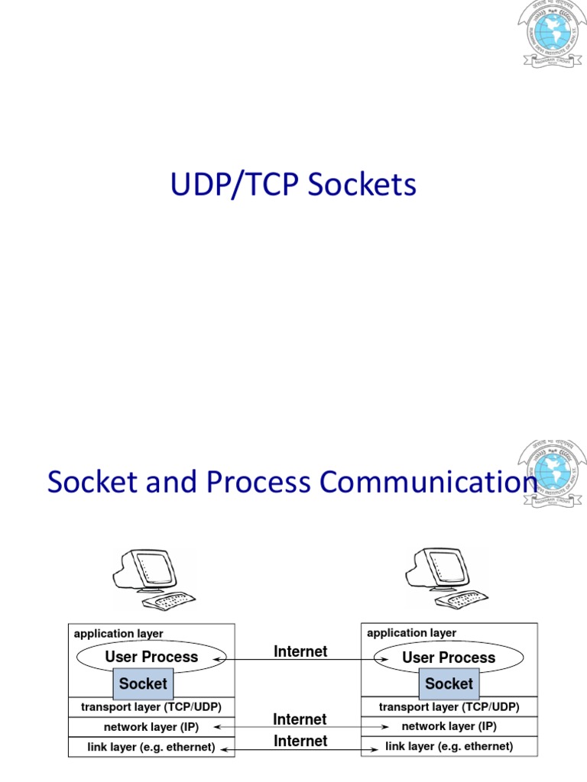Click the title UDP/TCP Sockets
tap(293, 186)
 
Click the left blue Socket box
tap(143, 683)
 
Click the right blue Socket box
tap(449, 683)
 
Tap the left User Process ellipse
tap(151, 658)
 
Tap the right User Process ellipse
tap(449, 658)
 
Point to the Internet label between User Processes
tap(300, 651)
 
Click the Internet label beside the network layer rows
tap(300, 719)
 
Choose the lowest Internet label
tap(300, 741)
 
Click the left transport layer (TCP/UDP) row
tap(151, 707)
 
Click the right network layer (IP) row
tap(449, 726)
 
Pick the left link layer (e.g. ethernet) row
tap(151, 747)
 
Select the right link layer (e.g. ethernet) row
tap(449, 746)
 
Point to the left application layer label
tap(118, 634)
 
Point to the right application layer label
tap(412, 633)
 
